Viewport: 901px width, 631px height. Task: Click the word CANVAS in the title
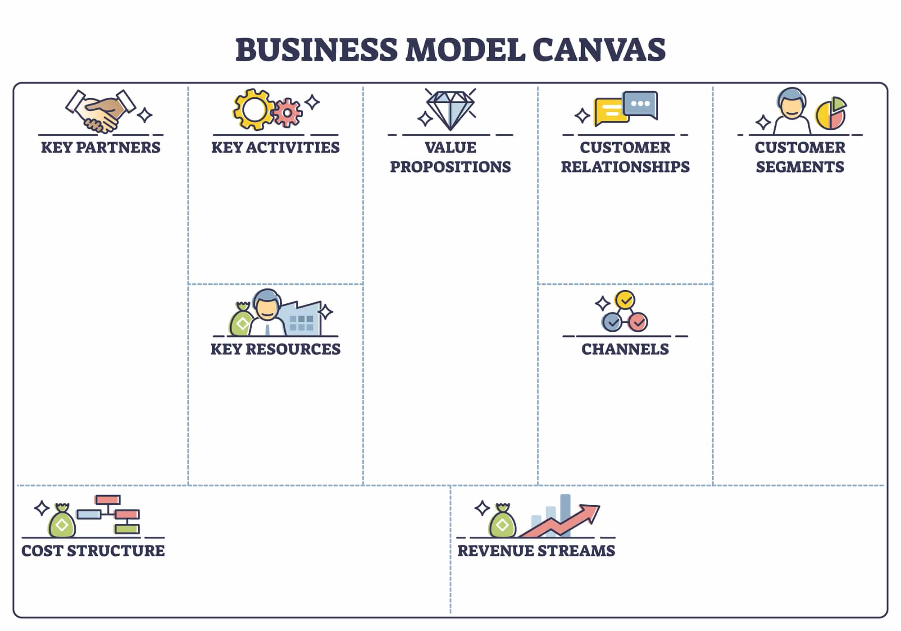599,50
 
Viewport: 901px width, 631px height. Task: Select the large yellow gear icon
253,110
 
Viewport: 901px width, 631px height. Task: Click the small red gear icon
287,112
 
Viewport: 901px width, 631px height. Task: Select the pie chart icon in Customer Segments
831,114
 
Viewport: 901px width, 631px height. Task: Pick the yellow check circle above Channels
625,299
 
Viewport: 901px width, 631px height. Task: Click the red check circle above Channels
638,322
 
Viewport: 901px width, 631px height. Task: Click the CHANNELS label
625,349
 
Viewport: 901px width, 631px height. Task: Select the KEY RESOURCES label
276,349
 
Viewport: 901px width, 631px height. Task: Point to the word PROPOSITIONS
450,167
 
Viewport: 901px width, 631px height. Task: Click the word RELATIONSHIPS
625,167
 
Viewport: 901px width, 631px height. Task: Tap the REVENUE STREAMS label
536,551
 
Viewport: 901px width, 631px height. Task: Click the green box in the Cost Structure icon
127,529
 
